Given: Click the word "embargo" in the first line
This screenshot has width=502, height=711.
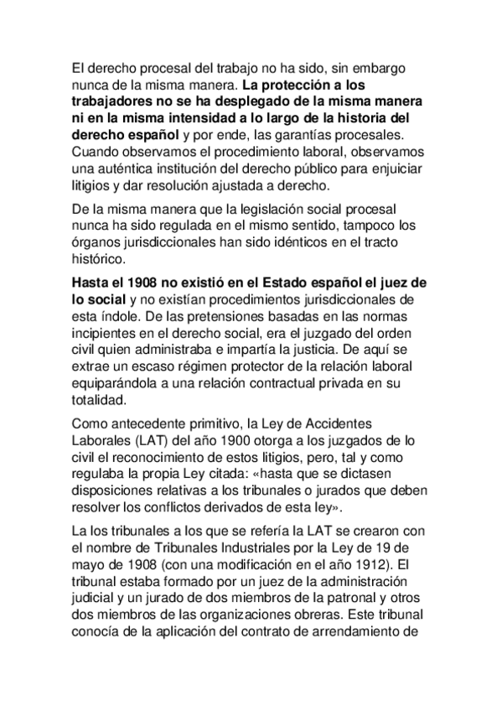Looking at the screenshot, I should [401, 67].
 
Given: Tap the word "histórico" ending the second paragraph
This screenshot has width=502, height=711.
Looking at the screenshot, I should [97, 260].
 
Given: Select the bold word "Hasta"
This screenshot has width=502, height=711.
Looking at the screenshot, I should [93, 283].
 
